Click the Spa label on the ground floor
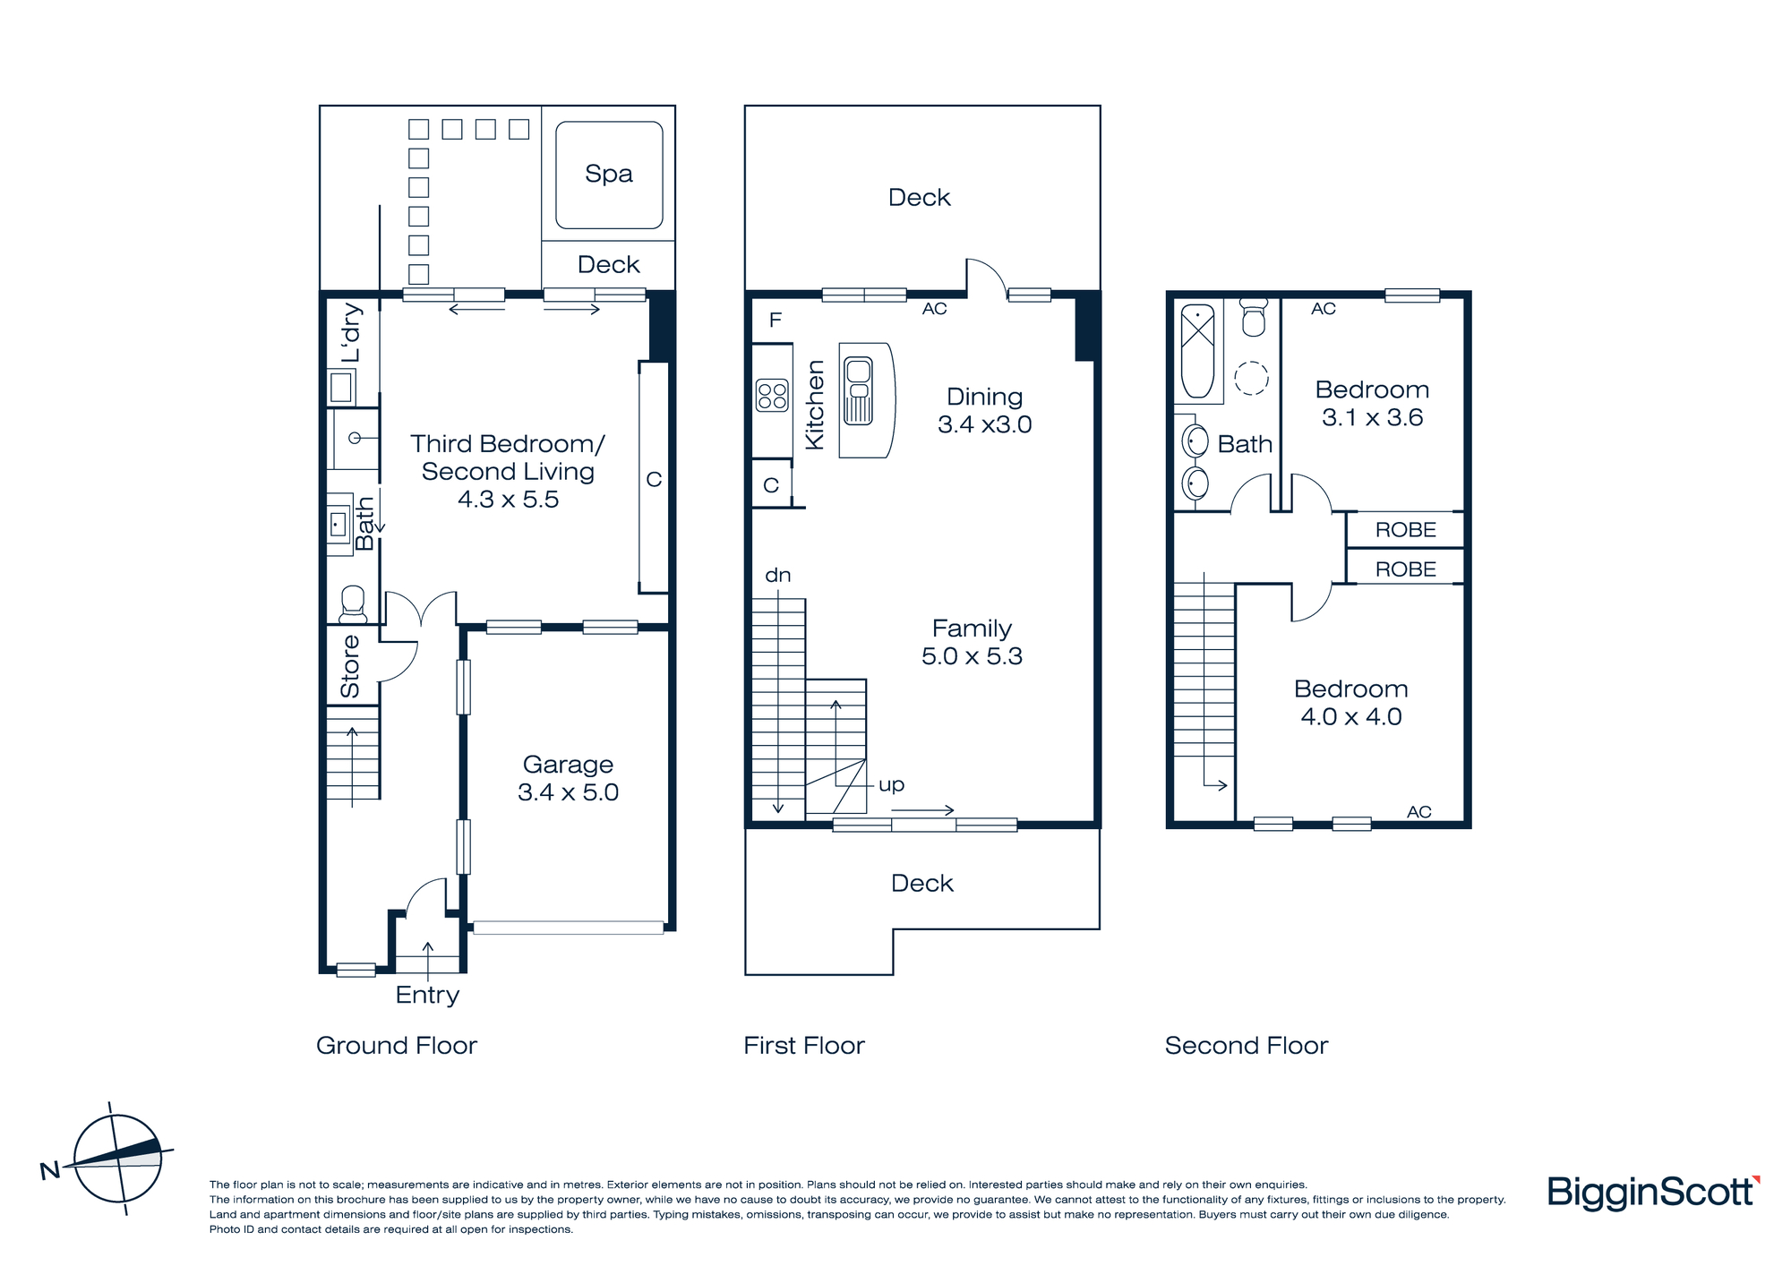[609, 174]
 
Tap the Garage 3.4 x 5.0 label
[569, 778]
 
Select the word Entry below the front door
[427, 996]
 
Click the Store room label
[350, 666]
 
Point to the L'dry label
[351, 333]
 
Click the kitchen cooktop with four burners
[772, 396]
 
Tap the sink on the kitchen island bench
[858, 390]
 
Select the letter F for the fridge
[776, 320]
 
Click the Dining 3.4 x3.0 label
[985, 410]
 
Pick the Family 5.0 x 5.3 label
[972, 642]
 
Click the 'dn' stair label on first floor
[778, 575]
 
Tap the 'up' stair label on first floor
[891, 785]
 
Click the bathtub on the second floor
[1197, 351]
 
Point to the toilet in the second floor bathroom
[1254, 317]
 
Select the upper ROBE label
[1406, 530]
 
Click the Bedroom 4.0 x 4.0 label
[1351, 702]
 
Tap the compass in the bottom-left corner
[116, 1159]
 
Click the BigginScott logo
[1654, 1193]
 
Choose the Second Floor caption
[1247, 1046]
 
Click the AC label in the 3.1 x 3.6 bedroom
[1324, 309]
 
